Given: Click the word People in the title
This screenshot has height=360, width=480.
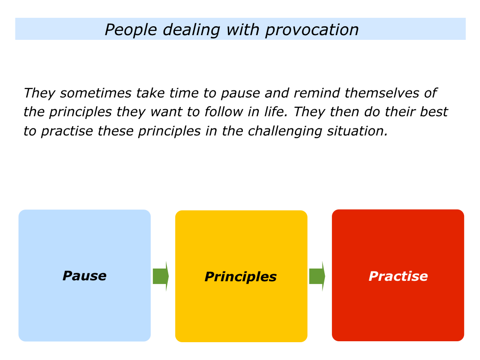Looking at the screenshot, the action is click(131, 30).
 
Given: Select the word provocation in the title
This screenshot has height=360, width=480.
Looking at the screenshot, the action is click(312, 30).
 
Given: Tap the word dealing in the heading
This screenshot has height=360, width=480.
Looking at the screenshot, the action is click(191, 30).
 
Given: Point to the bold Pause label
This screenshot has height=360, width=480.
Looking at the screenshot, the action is click(84, 276).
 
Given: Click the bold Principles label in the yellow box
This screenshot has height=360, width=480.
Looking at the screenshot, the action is click(240, 277).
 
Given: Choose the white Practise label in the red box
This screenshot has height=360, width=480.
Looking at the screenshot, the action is click(398, 276).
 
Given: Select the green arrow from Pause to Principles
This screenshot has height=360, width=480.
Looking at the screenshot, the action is click(161, 276).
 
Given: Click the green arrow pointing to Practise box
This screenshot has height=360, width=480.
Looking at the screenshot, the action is click(317, 276).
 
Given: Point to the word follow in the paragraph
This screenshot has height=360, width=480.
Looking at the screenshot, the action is click(224, 112).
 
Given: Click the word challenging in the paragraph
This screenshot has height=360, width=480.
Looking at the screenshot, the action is click(285, 132).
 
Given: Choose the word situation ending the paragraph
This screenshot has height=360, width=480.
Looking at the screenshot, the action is click(357, 131).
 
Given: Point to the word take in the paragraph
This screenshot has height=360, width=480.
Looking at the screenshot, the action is click(150, 93).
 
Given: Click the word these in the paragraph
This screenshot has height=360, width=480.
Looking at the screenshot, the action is click(115, 131).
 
